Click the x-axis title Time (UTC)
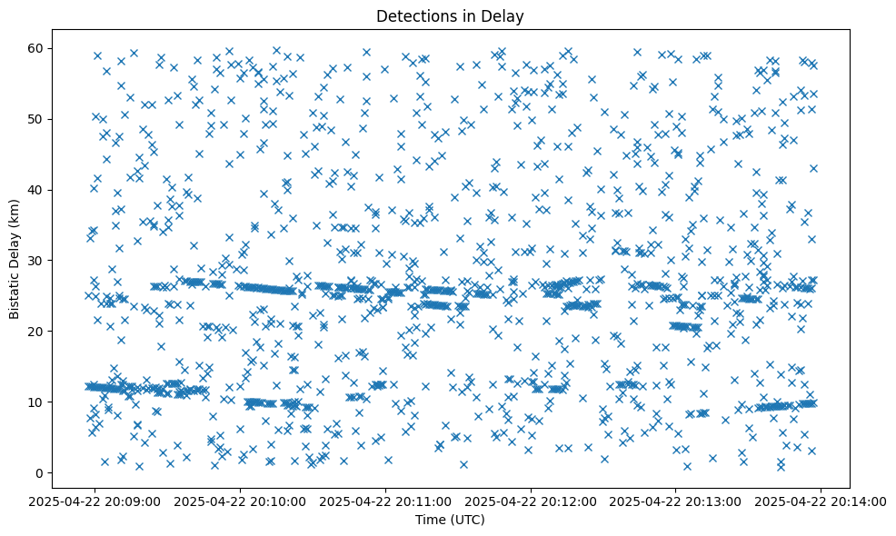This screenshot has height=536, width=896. point(450,520)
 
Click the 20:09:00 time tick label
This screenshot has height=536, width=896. point(95,500)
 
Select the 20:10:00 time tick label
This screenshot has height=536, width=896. point(240,500)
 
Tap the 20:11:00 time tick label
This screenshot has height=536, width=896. point(385,500)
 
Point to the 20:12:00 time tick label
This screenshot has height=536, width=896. point(531,500)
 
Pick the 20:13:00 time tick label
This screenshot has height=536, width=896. point(676,500)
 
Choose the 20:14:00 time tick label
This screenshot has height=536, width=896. point(821,500)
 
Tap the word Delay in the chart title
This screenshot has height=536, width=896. point(505,15)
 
